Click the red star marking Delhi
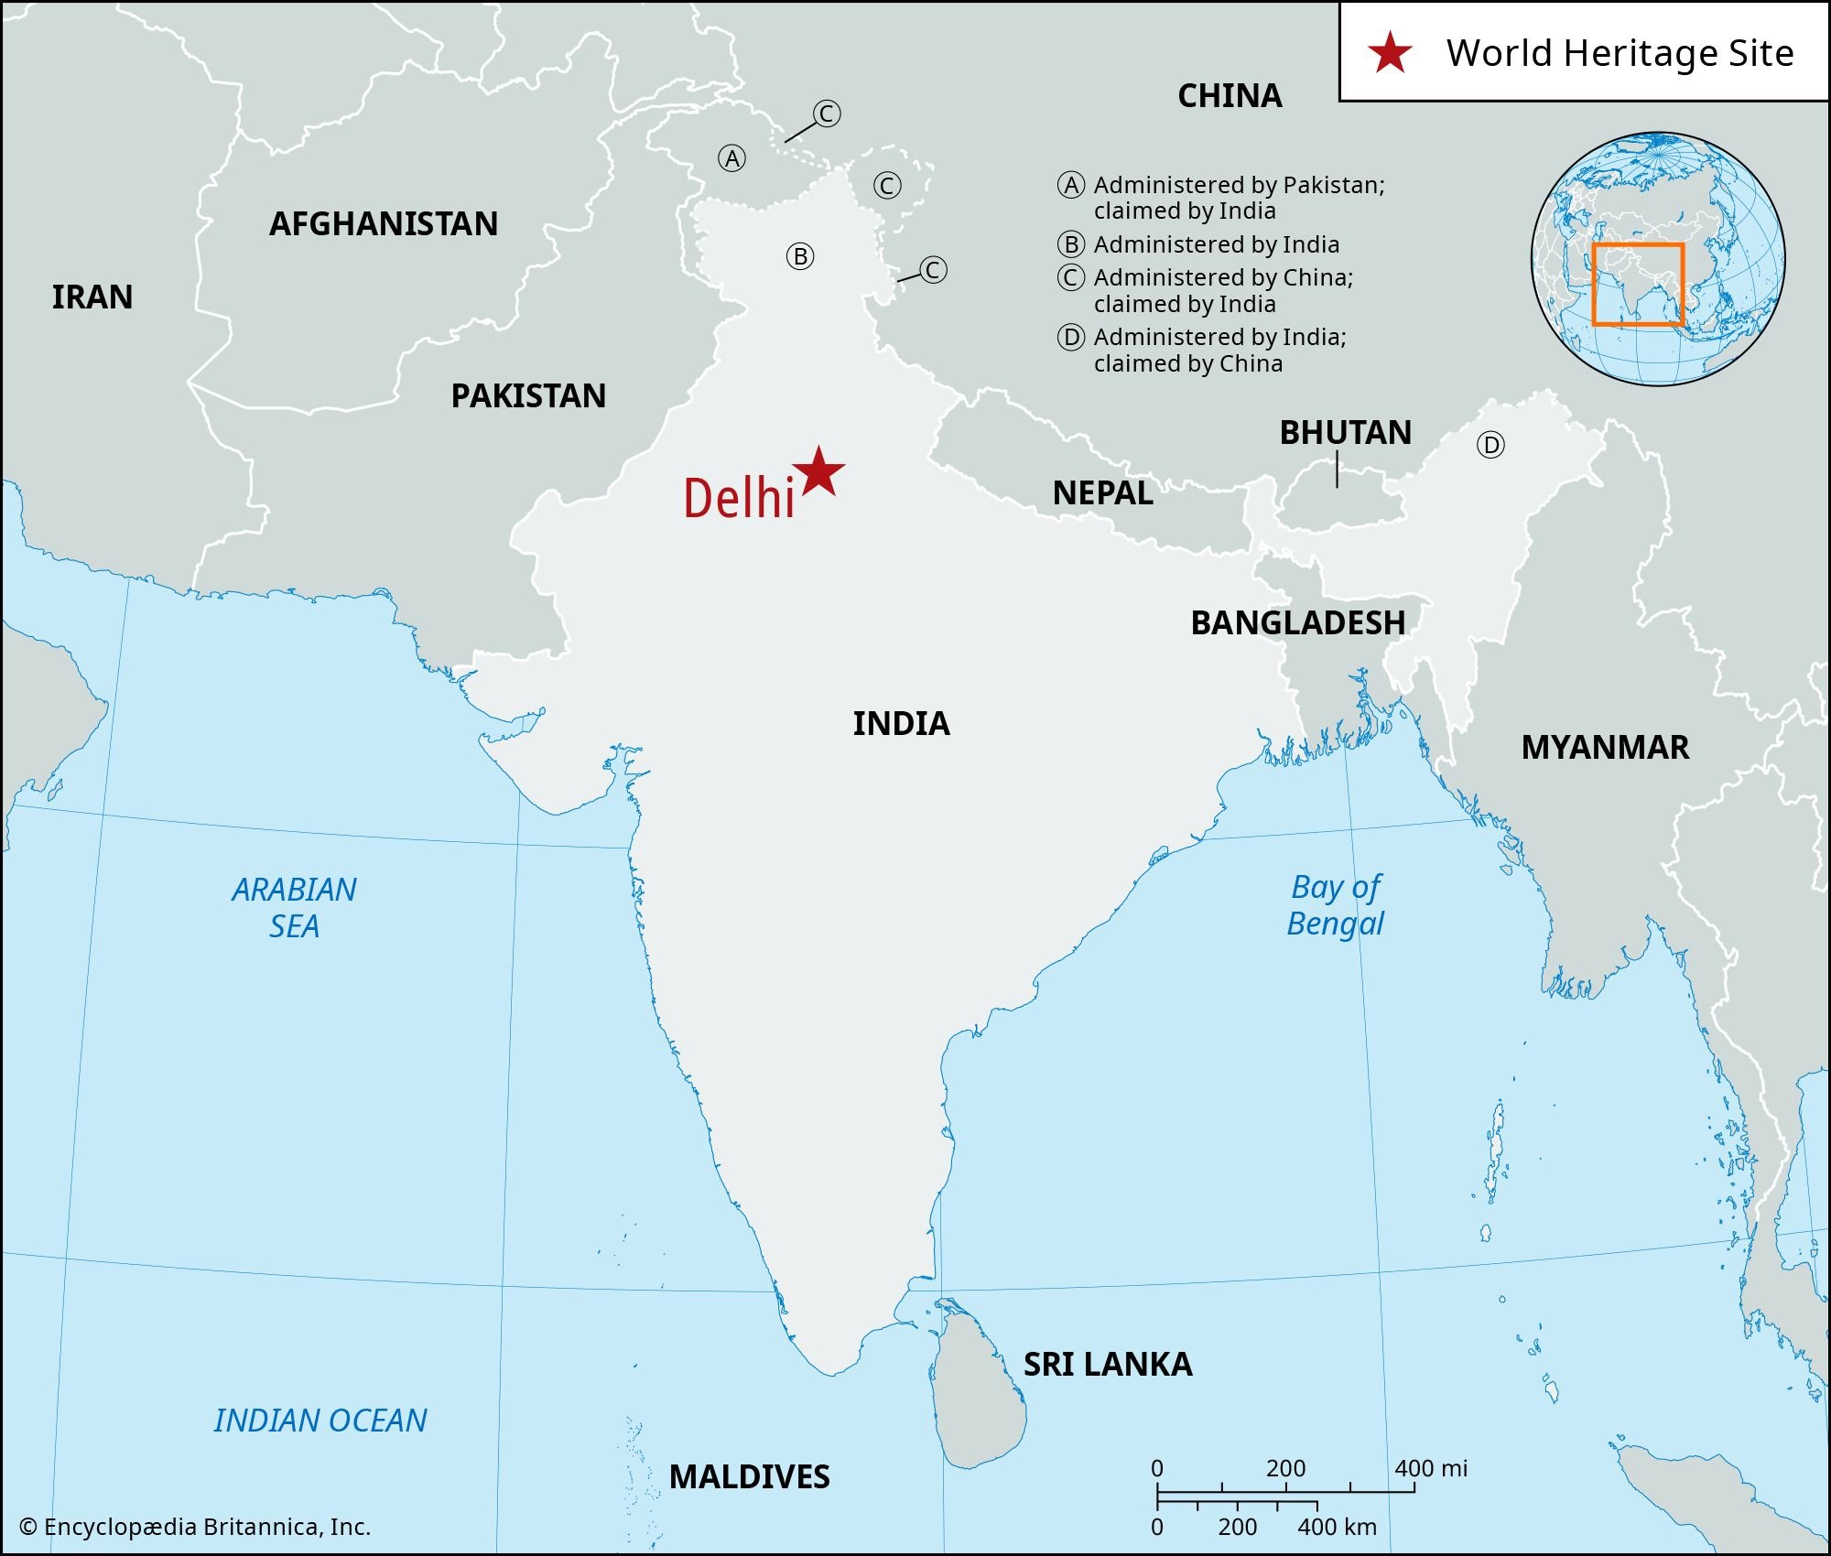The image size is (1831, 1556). tap(818, 472)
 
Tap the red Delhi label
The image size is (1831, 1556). tap(739, 500)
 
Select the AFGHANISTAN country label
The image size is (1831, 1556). tap(384, 224)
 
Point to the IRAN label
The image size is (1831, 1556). tap(92, 297)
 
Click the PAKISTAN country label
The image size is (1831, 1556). tap(528, 396)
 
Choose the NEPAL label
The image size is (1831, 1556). tap(1102, 493)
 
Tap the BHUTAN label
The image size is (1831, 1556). tap(1345, 433)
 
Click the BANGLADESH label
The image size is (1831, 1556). tap(1297, 623)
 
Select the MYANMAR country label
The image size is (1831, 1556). tap(1605, 748)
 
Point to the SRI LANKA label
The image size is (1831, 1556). tap(1108, 1365)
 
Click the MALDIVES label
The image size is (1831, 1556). tap(749, 1476)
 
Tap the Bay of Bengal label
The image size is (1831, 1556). tap(1336, 905)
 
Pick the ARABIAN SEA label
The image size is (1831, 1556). tap(294, 908)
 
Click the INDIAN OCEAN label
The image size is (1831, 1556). tap(320, 1421)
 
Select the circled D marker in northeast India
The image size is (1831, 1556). tap(1490, 446)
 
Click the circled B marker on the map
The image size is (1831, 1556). tap(800, 257)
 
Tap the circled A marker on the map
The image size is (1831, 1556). tap(731, 159)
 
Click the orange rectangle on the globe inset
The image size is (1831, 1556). tap(1638, 285)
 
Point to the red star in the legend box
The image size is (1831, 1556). tap(1390, 52)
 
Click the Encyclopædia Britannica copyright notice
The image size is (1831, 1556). tap(195, 1527)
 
